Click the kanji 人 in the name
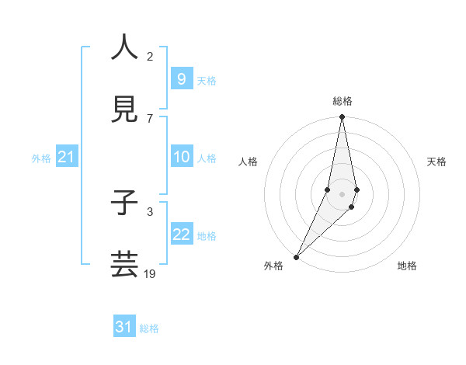pyautogui.click(x=124, y=48)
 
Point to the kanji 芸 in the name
pyautogui.click(x=124, y=264)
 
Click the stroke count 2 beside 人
pyautogui.click(x=150, y=56)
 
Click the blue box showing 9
pyautogui.click(x=181, y=78)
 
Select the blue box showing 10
pyautogui.click(x=181, y=157)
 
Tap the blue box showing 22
pyautogui.click(x=181, y=235)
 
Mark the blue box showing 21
pyautogui.click(x=67, y=157)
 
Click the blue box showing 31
pyautogui.click(x=124, y=327)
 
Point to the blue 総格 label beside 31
pyautogui.click(x=149, y=328)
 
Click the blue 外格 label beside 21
pyautogui.click(x=41, y=158)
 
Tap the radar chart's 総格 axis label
pyautogui.click(x=342, y=101)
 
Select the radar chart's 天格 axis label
pyautogui.click(x=436, y=162)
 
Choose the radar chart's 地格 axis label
pyautogui.click(x=407, y=266)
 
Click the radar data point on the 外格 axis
pyautogui.click(x=296, y=256)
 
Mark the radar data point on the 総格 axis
pyautogui.click(x=342, y=117)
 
